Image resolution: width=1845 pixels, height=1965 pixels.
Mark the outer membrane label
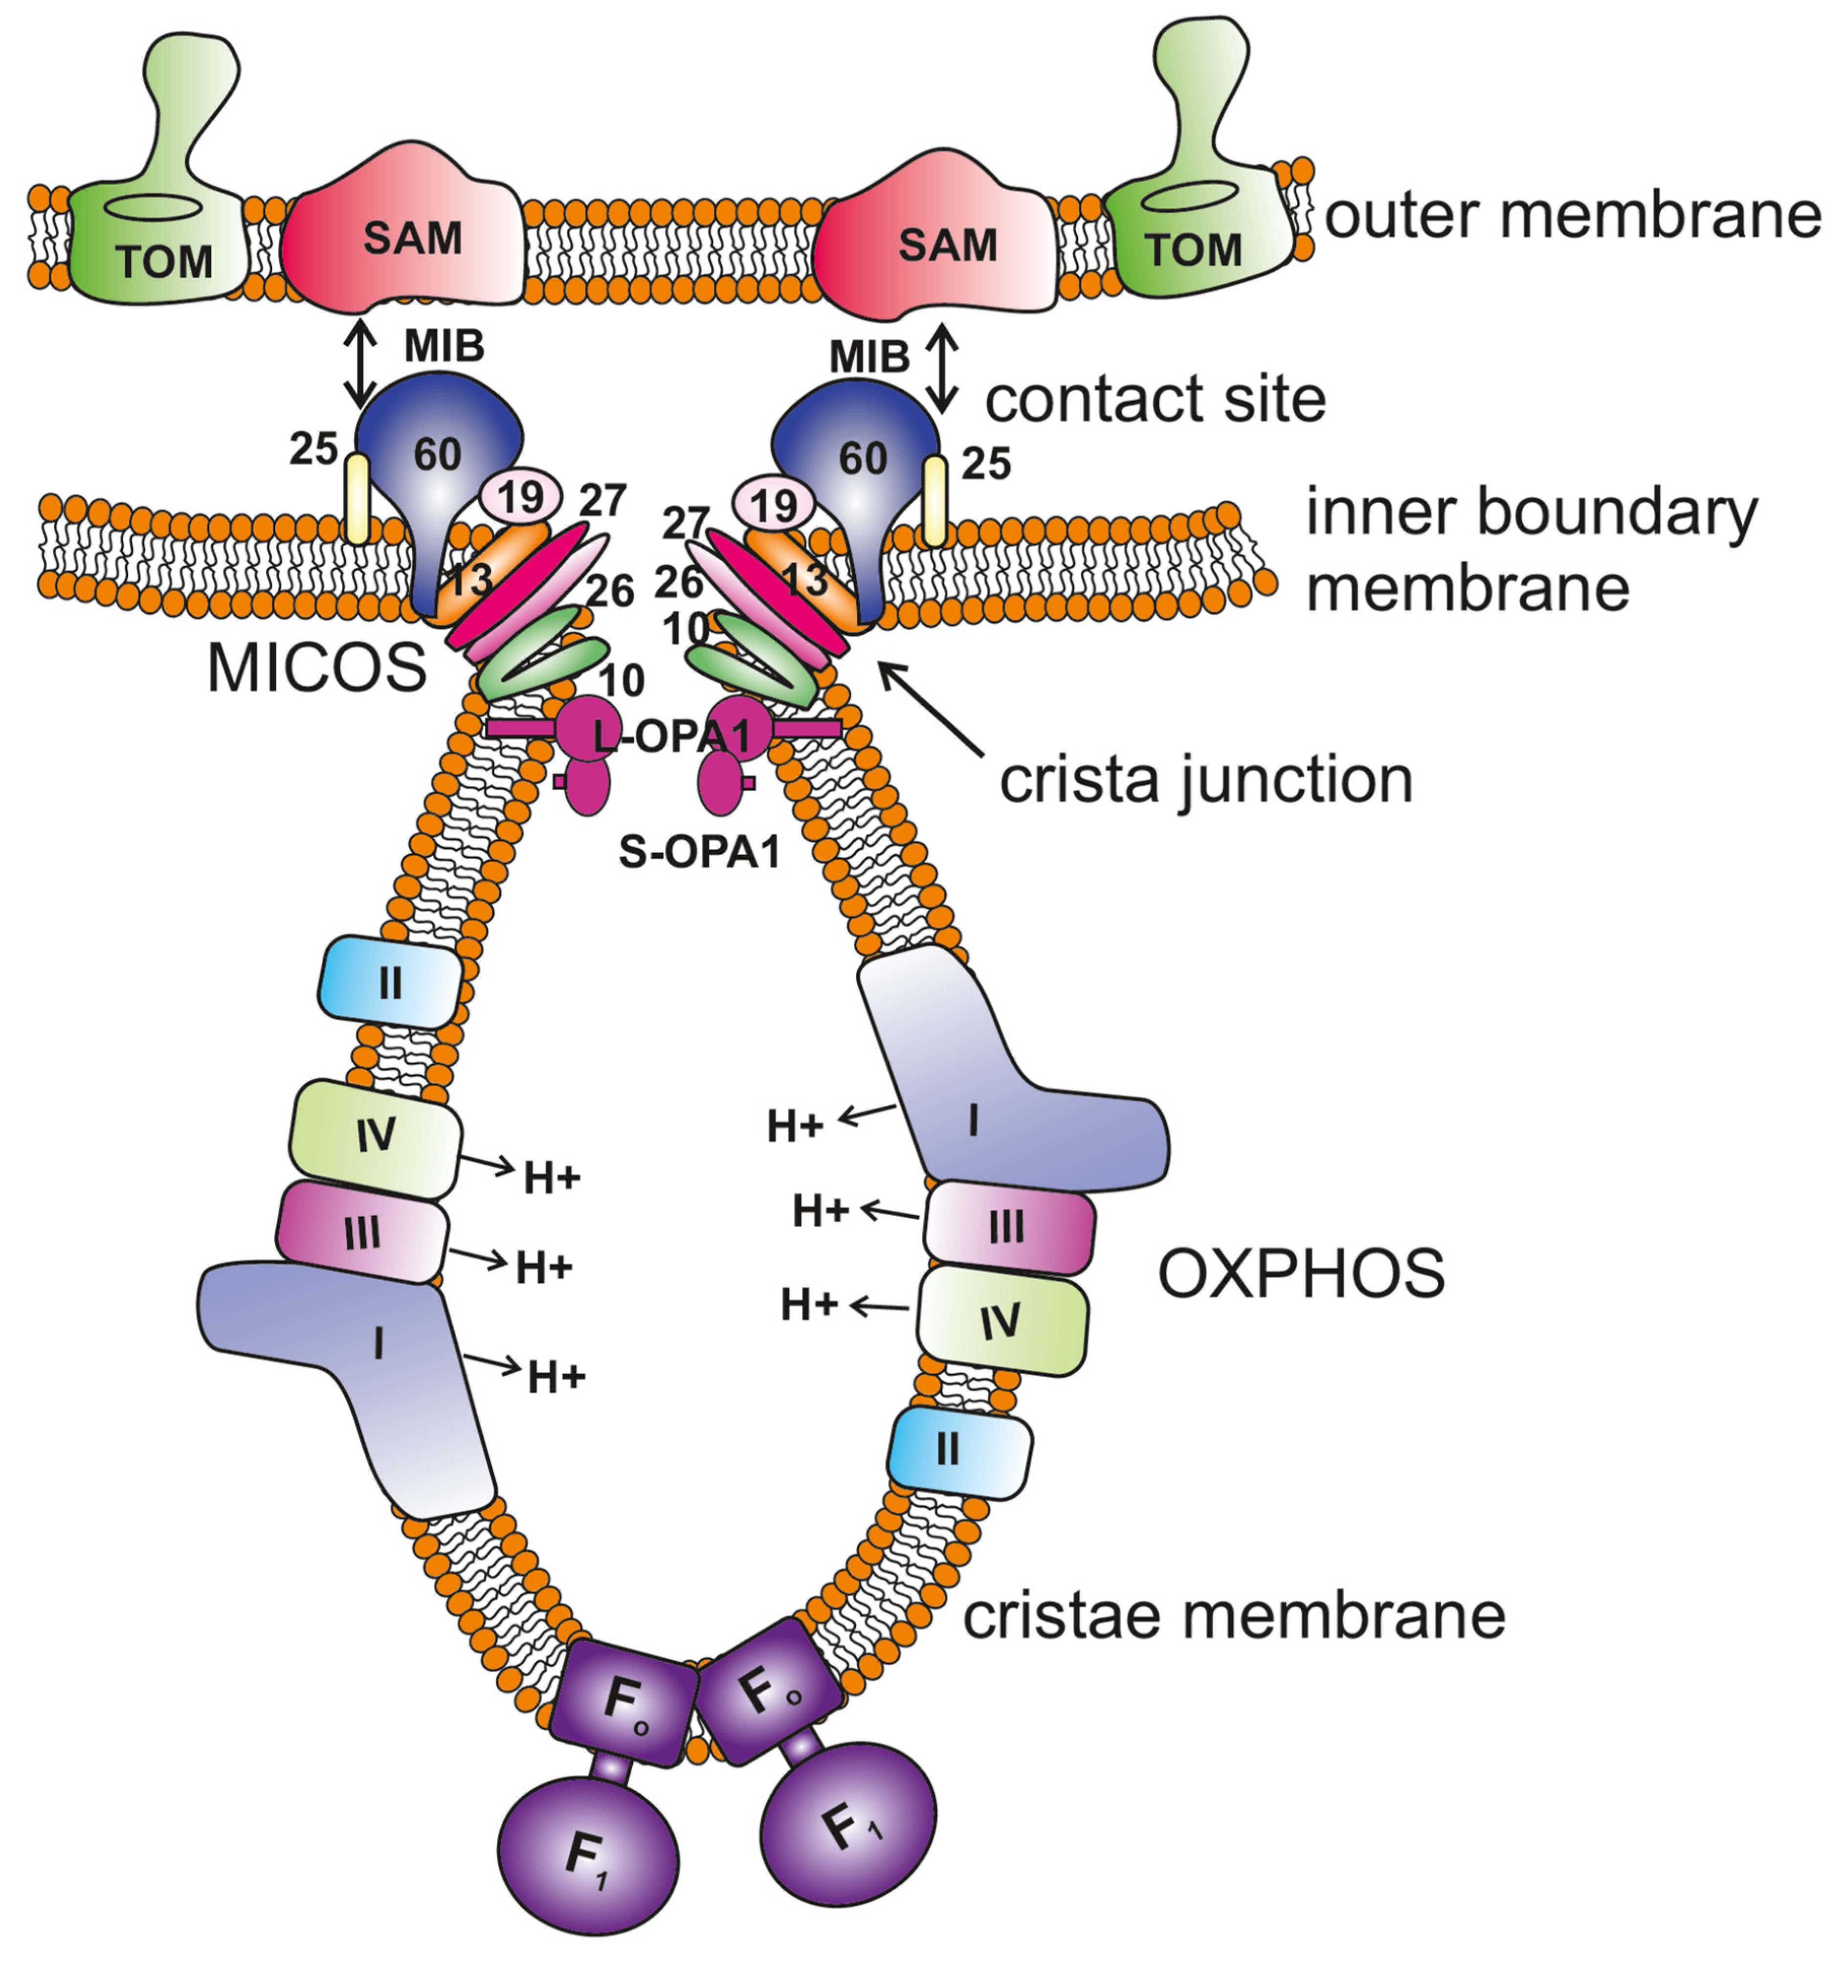[x=1571, y=216]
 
